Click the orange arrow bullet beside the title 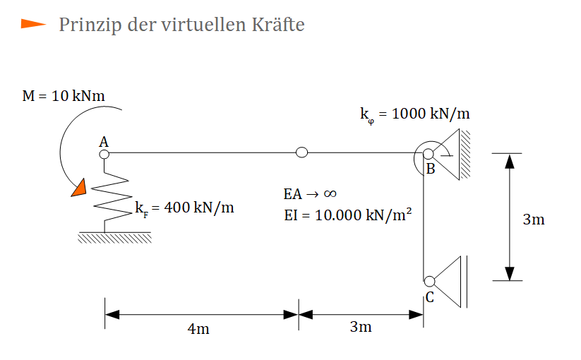point(33,24)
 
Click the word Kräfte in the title point(278,25)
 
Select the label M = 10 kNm point(64,96)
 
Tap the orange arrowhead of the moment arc point(79,188)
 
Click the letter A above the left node point(104,142)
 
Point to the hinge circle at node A point(104,154)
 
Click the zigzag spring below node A point(111,196)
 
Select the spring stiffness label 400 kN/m point(184,208)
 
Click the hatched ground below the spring point(114,237)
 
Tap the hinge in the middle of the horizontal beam point(302,152)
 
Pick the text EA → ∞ point(310,193)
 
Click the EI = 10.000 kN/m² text point(348,215)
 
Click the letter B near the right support point(431,169)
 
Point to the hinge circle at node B point(429,154)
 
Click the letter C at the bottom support point(430,297)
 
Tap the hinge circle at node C point(429,282)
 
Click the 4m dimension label point(198,329)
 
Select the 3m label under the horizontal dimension point(361,327)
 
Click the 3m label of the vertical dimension point(534,220)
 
